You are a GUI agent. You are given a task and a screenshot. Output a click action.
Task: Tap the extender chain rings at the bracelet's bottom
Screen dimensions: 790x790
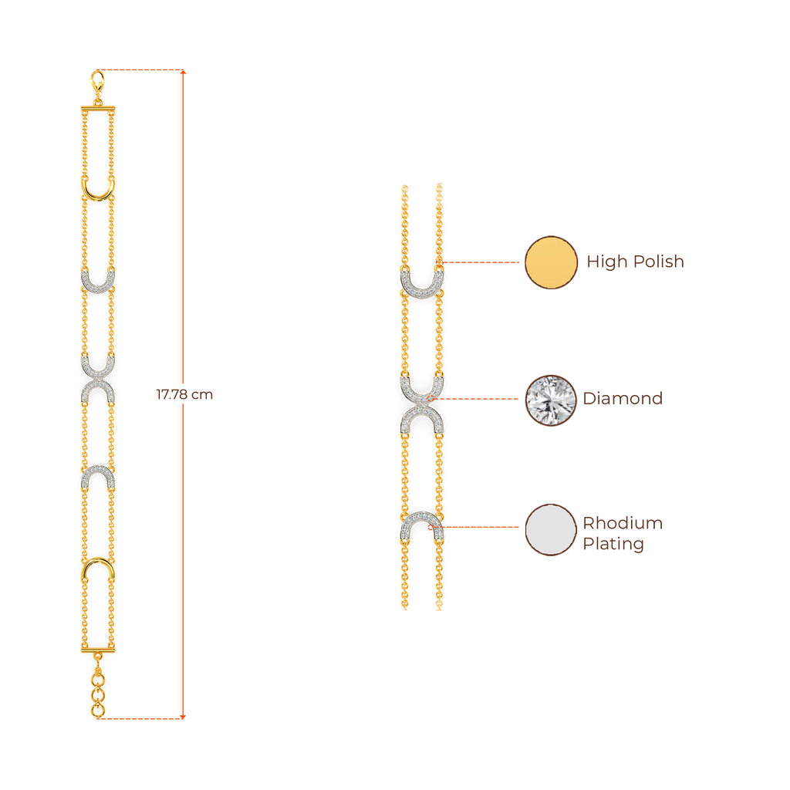(97, 691)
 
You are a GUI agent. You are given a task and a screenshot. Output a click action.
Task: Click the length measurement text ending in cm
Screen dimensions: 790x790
(184, 395)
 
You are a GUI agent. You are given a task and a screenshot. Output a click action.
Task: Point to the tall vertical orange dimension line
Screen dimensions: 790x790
(183, 231)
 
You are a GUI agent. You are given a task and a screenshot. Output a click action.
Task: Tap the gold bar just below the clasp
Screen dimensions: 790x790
(98, 109)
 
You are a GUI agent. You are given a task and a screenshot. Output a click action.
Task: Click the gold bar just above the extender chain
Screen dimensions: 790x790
(98, 650)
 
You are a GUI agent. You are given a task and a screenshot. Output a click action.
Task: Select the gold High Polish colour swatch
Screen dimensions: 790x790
(551, 262)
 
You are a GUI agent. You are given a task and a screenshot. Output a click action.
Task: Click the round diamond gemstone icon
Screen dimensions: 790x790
(551, 399)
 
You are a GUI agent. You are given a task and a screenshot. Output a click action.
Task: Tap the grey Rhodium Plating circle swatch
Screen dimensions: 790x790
(551, 529)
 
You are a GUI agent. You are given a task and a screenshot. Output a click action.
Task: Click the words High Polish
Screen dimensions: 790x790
(635, 262)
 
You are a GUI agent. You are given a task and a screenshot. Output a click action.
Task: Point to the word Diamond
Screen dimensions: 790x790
(623, 399)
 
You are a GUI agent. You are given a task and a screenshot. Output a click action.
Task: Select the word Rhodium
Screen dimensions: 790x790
(623, 523)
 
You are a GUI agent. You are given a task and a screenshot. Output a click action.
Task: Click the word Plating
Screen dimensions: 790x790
(613, 544)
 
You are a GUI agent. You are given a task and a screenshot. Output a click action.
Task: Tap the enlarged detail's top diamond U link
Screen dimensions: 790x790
(421, 284)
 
